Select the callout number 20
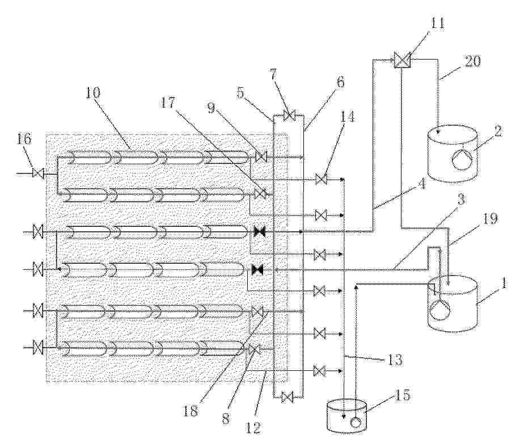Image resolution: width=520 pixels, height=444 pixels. [x=472, y=62]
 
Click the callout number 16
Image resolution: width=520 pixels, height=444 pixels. [x=24, y=139]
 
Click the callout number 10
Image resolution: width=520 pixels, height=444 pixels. [x=92, y=93]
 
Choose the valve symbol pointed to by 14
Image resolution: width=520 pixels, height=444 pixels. [x=320, y=179]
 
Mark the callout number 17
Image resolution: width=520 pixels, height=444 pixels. [x=168, y=103]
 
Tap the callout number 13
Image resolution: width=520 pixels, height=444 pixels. [x=395, y=360]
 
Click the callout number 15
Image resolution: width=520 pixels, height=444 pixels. [x=403, y=395]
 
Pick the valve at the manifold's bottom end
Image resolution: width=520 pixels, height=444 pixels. [x=287, y=396]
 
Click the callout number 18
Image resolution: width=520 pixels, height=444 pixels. [x=191, y=411]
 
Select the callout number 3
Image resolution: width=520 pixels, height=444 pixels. [x=462, y=200]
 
